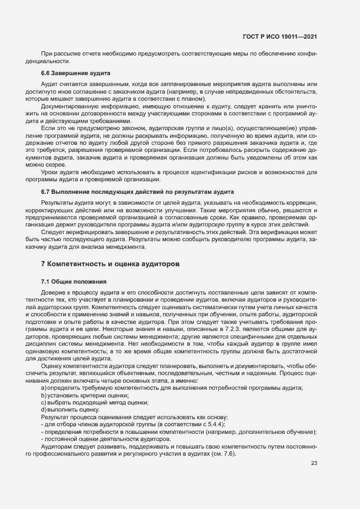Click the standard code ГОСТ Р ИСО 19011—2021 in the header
tap(280, 36)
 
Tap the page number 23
tap(314, 463)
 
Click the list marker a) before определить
tap(44, 387)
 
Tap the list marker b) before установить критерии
tap(44, 395)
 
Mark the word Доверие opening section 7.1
tap(53, 293)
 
